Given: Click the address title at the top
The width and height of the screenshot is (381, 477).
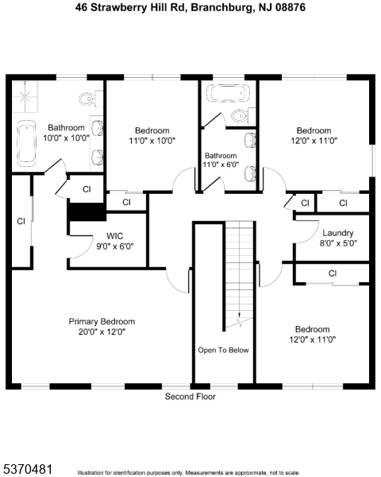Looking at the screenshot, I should coord(190,7).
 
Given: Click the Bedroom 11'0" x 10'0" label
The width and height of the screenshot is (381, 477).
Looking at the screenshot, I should coord(152,135).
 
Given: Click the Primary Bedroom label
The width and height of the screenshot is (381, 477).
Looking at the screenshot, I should coord(102,326).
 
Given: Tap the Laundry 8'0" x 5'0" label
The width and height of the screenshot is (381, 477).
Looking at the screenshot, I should coord(338,238).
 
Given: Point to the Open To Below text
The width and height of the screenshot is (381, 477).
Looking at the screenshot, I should coord(223,350).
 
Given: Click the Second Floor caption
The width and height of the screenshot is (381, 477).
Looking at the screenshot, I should coord(190,396).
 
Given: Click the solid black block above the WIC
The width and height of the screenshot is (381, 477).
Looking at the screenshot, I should coord(86,213).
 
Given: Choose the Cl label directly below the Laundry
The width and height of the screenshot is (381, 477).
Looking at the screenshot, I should coord(332,273).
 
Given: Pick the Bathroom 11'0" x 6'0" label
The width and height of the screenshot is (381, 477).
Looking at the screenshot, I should coord(220,161).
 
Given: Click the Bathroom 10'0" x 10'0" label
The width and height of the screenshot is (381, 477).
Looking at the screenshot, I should coord(66,132).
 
